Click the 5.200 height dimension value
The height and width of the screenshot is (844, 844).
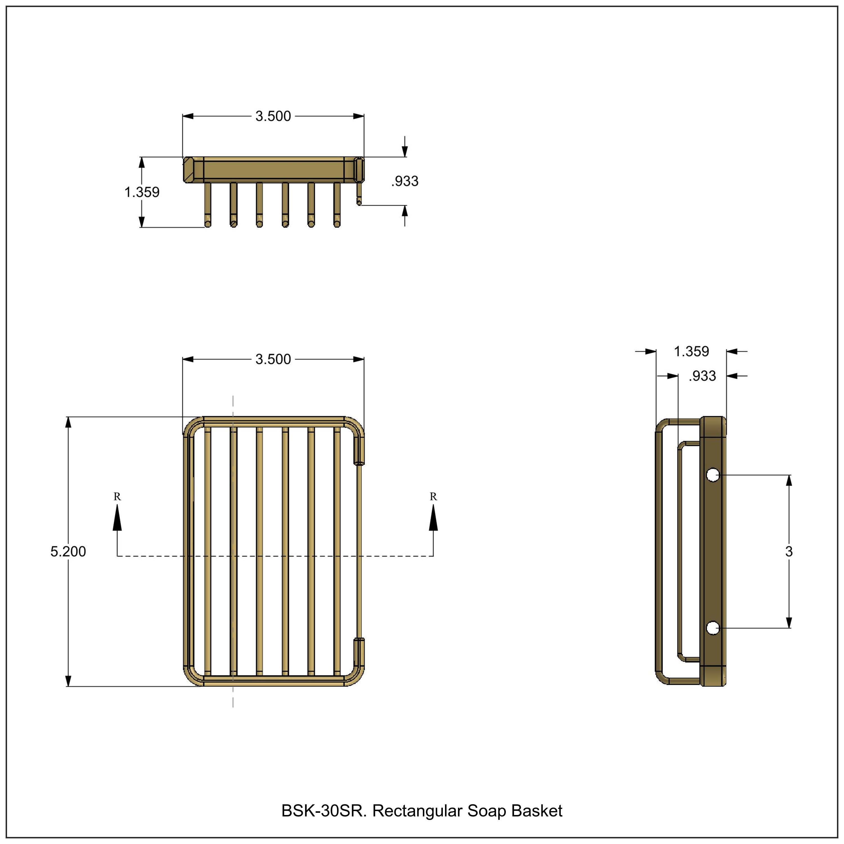tap(68, 551)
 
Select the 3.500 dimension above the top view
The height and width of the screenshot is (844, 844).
tap(273, 116)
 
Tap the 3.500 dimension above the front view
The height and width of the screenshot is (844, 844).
tap(273, 359)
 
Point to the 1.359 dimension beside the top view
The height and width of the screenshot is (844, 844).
tap(142, 192)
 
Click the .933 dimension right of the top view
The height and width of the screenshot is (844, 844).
tap(405, 181)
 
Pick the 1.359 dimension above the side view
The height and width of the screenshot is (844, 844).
tap(691, 351)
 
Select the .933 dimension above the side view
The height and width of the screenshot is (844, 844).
tap(702, 376)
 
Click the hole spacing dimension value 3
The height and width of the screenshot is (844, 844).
tap(789, 551)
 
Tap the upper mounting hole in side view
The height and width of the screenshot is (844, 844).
tap(713, 475)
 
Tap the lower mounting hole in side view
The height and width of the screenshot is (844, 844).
tap(713, 628)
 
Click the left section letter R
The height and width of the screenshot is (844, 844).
tap(117, 497)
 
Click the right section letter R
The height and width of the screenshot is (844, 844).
tap(433, 497)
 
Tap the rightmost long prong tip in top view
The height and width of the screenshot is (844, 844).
tap(337, 223)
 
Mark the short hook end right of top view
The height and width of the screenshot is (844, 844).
tap(359, 201)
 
